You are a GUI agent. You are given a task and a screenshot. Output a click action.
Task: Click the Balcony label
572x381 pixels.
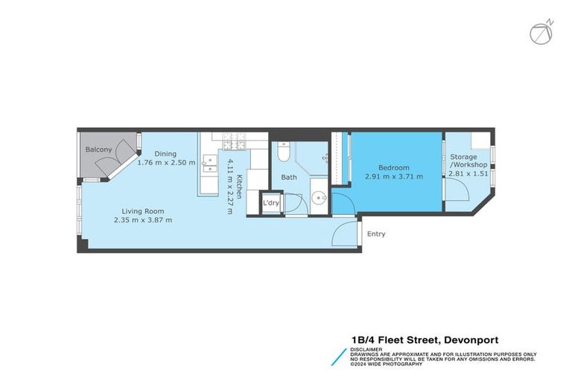tap(98, 150)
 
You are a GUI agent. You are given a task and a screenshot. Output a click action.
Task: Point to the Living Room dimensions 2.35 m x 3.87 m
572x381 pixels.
tap(143, 220)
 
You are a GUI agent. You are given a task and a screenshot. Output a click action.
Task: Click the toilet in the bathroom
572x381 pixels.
tap(282, 152)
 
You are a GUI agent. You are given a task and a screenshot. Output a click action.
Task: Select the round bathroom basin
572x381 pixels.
tap(318, 198)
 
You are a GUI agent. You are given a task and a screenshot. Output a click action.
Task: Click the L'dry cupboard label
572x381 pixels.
tap(270, 202)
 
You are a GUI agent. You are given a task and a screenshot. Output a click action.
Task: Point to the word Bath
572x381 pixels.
tap(289, 177)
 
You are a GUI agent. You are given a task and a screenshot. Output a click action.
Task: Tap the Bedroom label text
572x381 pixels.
tap(393, 167)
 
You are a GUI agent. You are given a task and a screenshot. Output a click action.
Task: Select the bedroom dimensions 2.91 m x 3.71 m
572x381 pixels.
tap(393, 176)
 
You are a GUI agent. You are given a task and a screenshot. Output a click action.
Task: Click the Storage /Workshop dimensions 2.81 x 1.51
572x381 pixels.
tap(468, 173)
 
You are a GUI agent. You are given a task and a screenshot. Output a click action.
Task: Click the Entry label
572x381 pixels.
tap(376, 234)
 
